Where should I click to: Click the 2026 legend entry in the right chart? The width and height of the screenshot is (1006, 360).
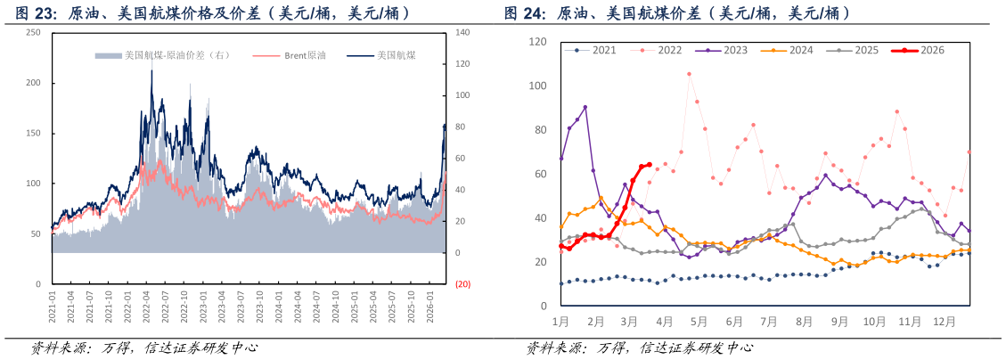927,51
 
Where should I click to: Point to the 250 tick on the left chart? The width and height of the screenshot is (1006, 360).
34,32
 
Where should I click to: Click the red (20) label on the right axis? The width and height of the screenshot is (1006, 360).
462,284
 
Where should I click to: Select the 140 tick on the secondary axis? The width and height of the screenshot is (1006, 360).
462,32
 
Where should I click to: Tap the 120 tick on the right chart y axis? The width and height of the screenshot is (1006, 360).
537,42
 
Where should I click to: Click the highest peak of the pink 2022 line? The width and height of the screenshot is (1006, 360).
689,74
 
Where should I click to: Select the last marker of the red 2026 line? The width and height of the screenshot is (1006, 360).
649,165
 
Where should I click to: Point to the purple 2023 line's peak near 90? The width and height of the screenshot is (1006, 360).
585,108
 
